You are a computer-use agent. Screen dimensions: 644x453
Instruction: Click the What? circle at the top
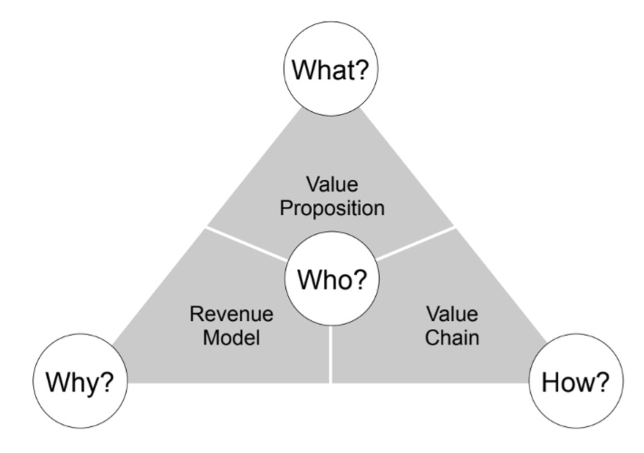click(331, 68)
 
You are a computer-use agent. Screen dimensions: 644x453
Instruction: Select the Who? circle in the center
click(331, 279)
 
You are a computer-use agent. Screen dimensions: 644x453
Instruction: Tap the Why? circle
click(80, 381)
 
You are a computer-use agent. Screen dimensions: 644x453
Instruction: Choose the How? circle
click(575, 381)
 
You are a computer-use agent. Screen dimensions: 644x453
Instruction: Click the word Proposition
click(332, 208)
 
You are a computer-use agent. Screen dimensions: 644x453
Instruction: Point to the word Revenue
click(231, 314)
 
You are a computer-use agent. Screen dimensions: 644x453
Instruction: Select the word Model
click(231, 337)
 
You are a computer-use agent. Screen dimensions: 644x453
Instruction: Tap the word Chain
click(452, 337)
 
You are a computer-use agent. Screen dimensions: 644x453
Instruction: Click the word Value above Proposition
click(332, 184)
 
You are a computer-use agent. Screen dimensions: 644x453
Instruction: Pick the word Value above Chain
click(452, 314)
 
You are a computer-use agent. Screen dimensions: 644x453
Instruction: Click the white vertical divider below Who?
click(330, 354)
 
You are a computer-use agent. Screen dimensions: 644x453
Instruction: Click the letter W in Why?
click(60, 382)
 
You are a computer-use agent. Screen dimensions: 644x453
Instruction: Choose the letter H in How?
click(551, 382)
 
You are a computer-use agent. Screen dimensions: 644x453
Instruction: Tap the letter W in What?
click(306, 69)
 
